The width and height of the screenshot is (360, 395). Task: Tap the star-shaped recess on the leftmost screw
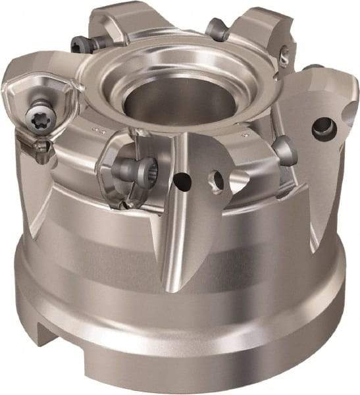pos(35,117)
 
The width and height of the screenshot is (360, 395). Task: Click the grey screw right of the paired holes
pos(285,149)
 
